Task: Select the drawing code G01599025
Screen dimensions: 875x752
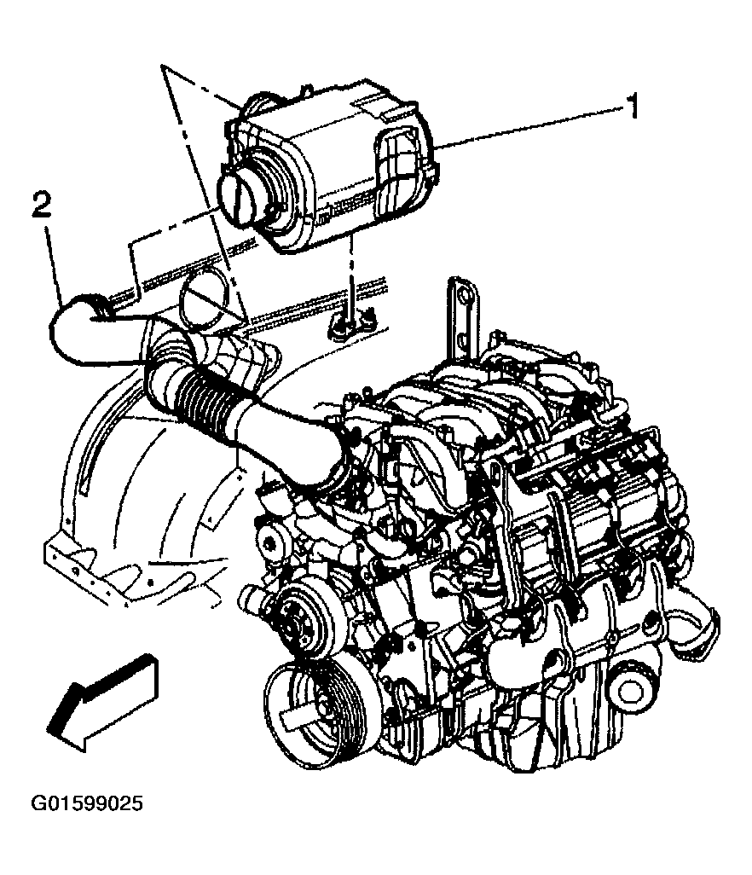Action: point(87,803)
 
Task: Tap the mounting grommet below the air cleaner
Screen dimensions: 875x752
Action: point(350,320)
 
